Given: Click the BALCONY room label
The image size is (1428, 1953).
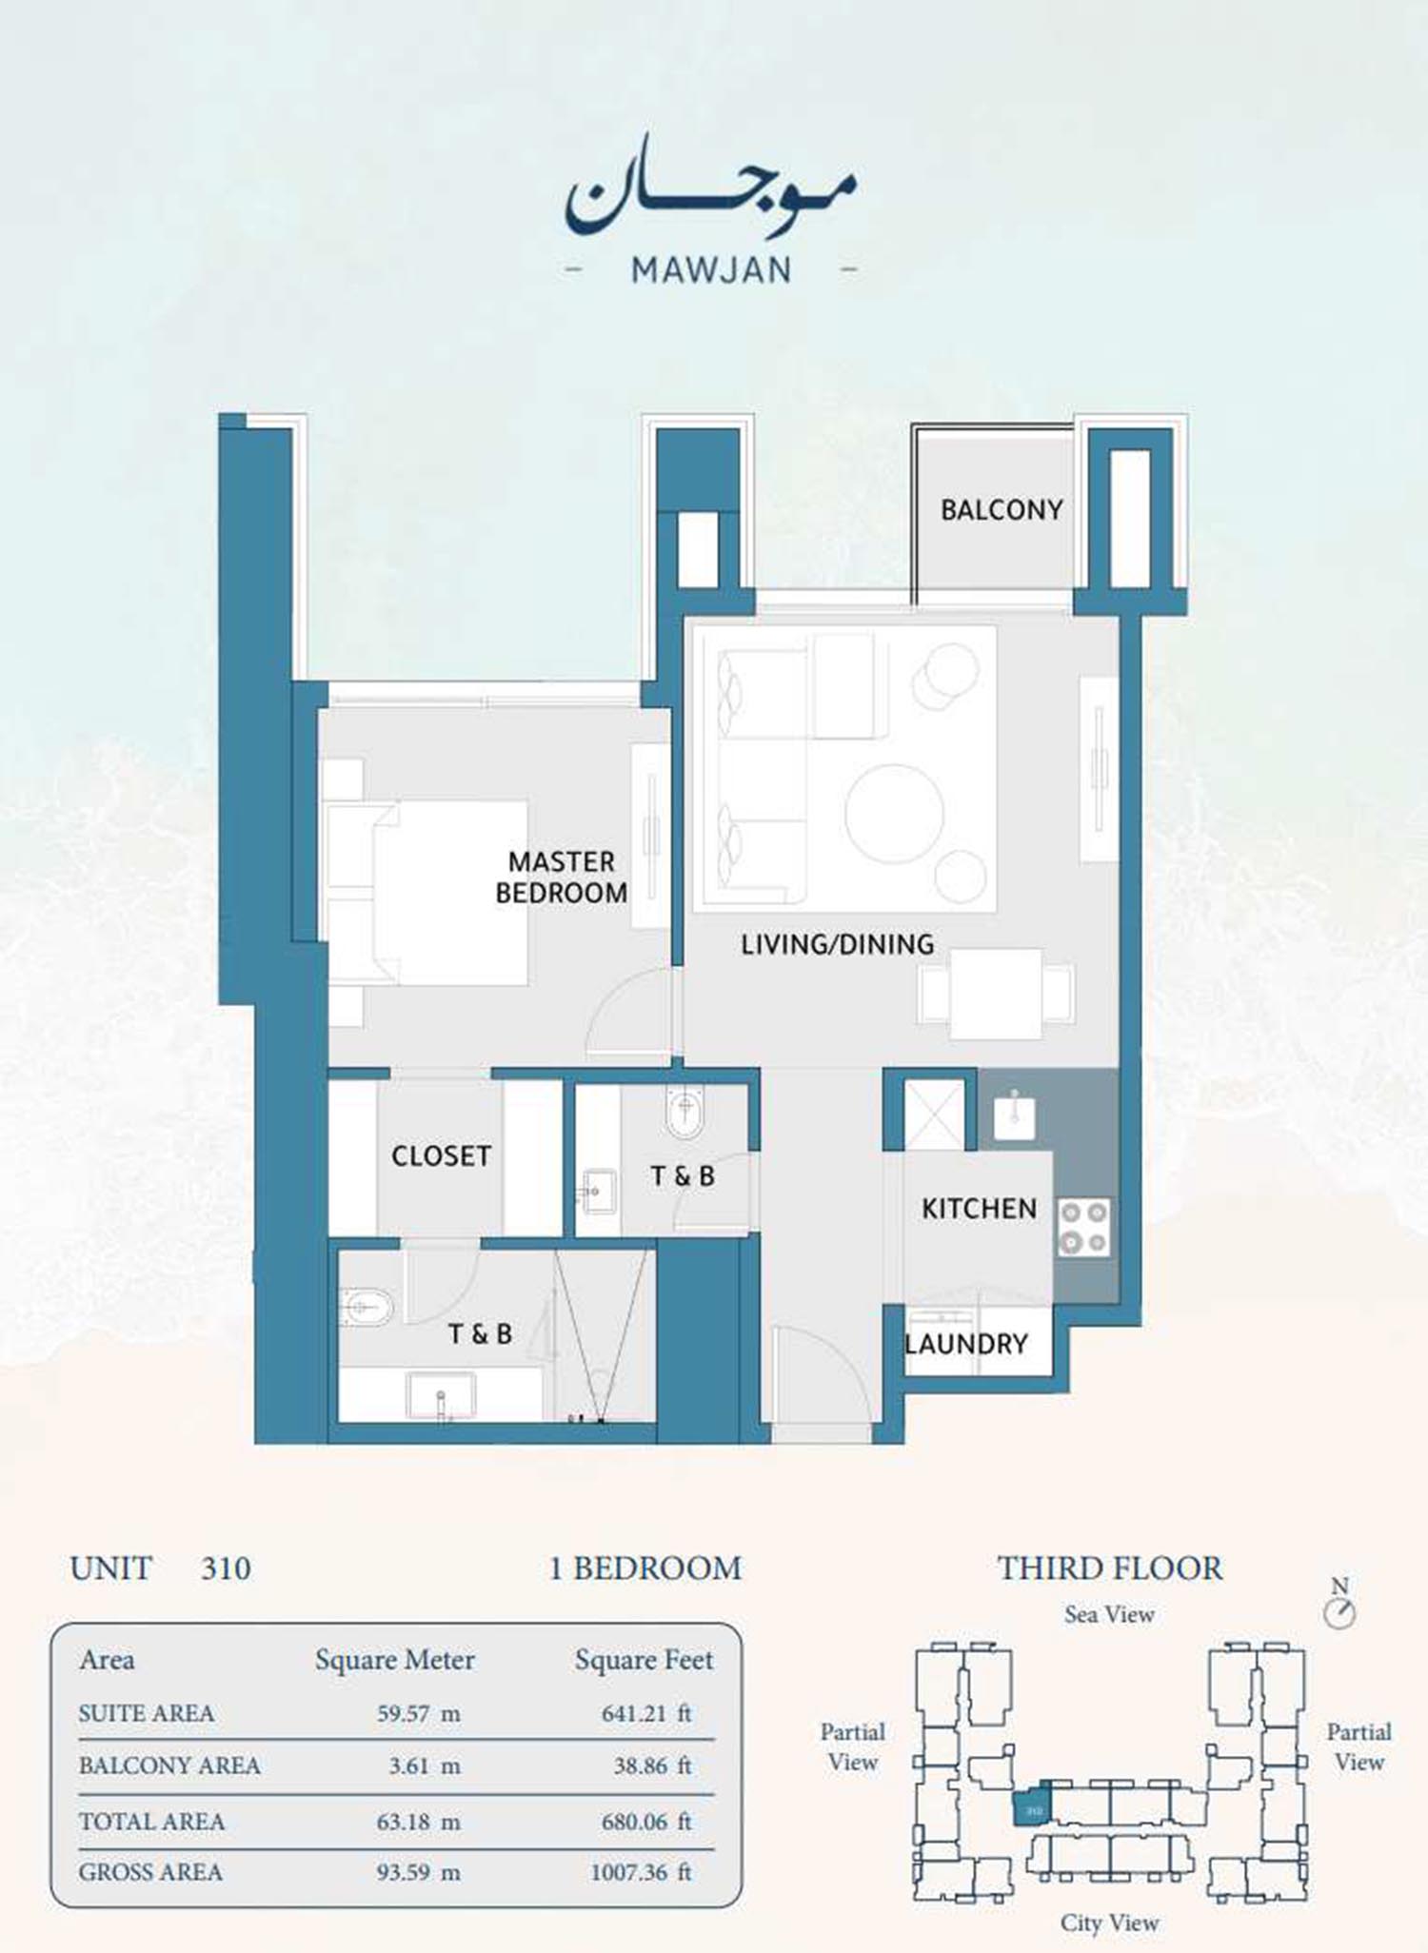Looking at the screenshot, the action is (1002, 510).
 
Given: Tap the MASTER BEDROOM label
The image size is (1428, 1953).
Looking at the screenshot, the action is (562, 878).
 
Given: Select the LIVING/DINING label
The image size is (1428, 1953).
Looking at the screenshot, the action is (837, 944).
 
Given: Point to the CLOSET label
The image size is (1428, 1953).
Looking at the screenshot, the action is (441, 1155).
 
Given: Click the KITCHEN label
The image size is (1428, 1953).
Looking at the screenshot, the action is (979, 1209).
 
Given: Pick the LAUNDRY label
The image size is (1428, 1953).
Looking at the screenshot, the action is (966, 1344).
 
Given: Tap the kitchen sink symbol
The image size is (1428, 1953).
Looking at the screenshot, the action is (1014, 1115).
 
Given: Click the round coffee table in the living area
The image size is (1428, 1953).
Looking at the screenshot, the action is (894, 814).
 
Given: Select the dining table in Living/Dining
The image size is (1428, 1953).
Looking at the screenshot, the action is (996, 994).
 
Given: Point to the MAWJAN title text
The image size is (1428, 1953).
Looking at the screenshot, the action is (711, 270).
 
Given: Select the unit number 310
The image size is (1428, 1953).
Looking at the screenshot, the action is (226, 1568).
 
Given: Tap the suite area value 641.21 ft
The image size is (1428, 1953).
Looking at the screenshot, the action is (645, 1713).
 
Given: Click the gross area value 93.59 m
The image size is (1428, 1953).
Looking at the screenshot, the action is (418, 1872).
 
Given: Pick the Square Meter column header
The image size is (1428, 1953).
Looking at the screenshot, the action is (394, 1661).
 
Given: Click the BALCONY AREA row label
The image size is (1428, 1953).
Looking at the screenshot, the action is (169, 1766).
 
